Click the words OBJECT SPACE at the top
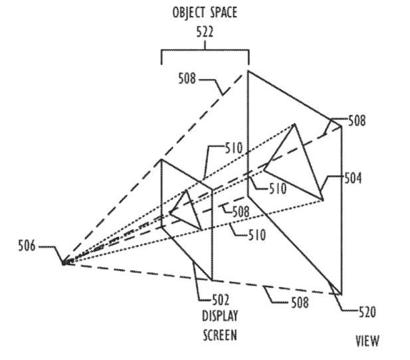(x=205, y=13)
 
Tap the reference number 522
(x=205, y=32)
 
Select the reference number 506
(x=27, y=246)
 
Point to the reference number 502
(x=221, y=300)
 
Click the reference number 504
(x=353, y=178)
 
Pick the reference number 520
(x=367, y=312)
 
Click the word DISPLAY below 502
(x=220, y=315)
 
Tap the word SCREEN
(x=220, y=335)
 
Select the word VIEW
(x=367, y=341)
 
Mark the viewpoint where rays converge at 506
(x=64, y=263)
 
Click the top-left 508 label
(x=187, y=78)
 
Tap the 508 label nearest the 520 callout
(x=300, y=302)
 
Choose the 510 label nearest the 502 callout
(x=257, y=234)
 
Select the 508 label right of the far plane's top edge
(x=357, y=121)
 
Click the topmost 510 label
(x=234, y=148)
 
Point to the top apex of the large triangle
(x=294, y=124)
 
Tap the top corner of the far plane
(x=248, y=70)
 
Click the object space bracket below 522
(x=205, y=50)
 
